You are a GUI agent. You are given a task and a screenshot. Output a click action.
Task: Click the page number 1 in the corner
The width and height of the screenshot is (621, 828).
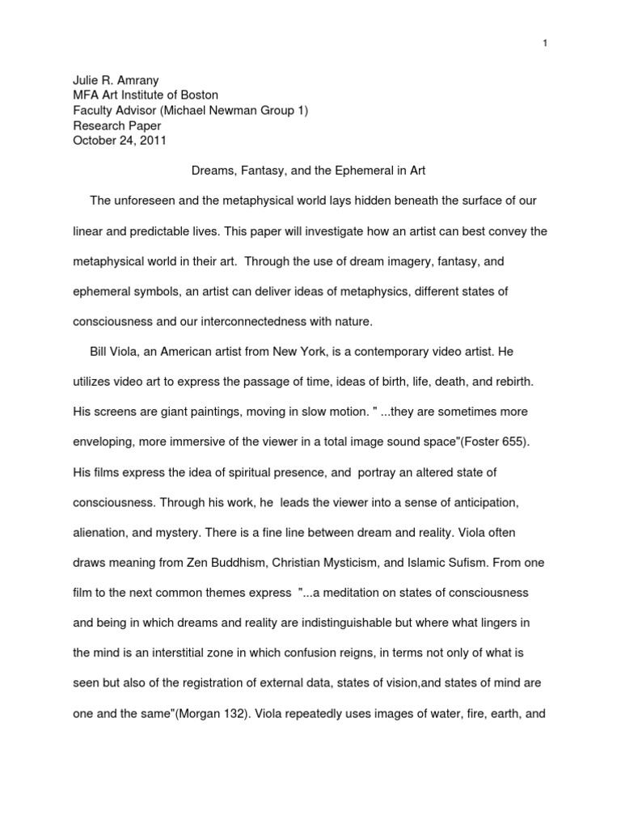tap(546, 21)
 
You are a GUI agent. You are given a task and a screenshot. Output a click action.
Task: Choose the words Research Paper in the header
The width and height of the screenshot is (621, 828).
tap(116, 126)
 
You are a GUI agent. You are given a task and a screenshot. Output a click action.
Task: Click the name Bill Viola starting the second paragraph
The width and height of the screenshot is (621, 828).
tap(113, 352)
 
